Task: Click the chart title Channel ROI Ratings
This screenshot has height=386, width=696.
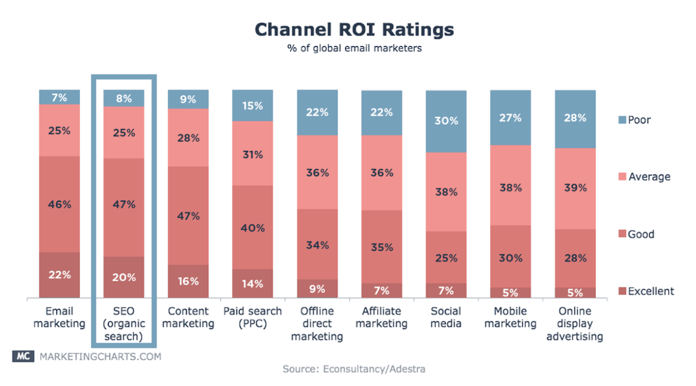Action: click(x=354, y=30)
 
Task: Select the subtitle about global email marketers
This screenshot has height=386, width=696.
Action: click(x=354, y=48)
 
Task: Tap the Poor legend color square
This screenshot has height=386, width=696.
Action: click(x=622, y=120)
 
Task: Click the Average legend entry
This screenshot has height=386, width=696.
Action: click(x=644, y=177)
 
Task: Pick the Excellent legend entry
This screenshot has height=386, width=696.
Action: click(x=646, y=291)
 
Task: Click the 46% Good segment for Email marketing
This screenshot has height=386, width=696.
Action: click(x=60, y=204)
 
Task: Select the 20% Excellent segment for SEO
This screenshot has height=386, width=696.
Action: click(x=124, y=277)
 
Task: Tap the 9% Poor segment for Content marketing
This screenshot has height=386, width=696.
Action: click(x=188, y=99)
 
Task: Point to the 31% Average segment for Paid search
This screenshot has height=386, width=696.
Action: click(x=253, y=154)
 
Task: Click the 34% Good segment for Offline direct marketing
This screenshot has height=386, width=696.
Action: click(x=317, y=245)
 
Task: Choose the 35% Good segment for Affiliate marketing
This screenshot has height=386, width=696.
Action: click(x=381, y=247)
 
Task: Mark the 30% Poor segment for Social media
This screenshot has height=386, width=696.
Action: click(x=446, y=121)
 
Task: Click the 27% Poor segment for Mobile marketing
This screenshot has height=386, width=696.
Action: click(x=510, y=118)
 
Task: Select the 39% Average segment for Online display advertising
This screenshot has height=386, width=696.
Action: click(x=575, y=188)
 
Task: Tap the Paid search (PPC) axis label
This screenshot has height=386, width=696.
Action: click(x=253, y=317)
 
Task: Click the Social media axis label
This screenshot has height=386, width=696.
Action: click(x=446, y=317)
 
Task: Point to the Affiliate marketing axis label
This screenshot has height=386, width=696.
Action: click(x=381, y=317)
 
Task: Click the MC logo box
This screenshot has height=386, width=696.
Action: click(x=23, y=356)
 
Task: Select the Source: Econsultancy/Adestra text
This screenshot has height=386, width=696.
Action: click(x=354, y=369)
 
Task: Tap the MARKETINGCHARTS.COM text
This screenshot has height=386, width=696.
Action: click(x=100, y=357)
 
